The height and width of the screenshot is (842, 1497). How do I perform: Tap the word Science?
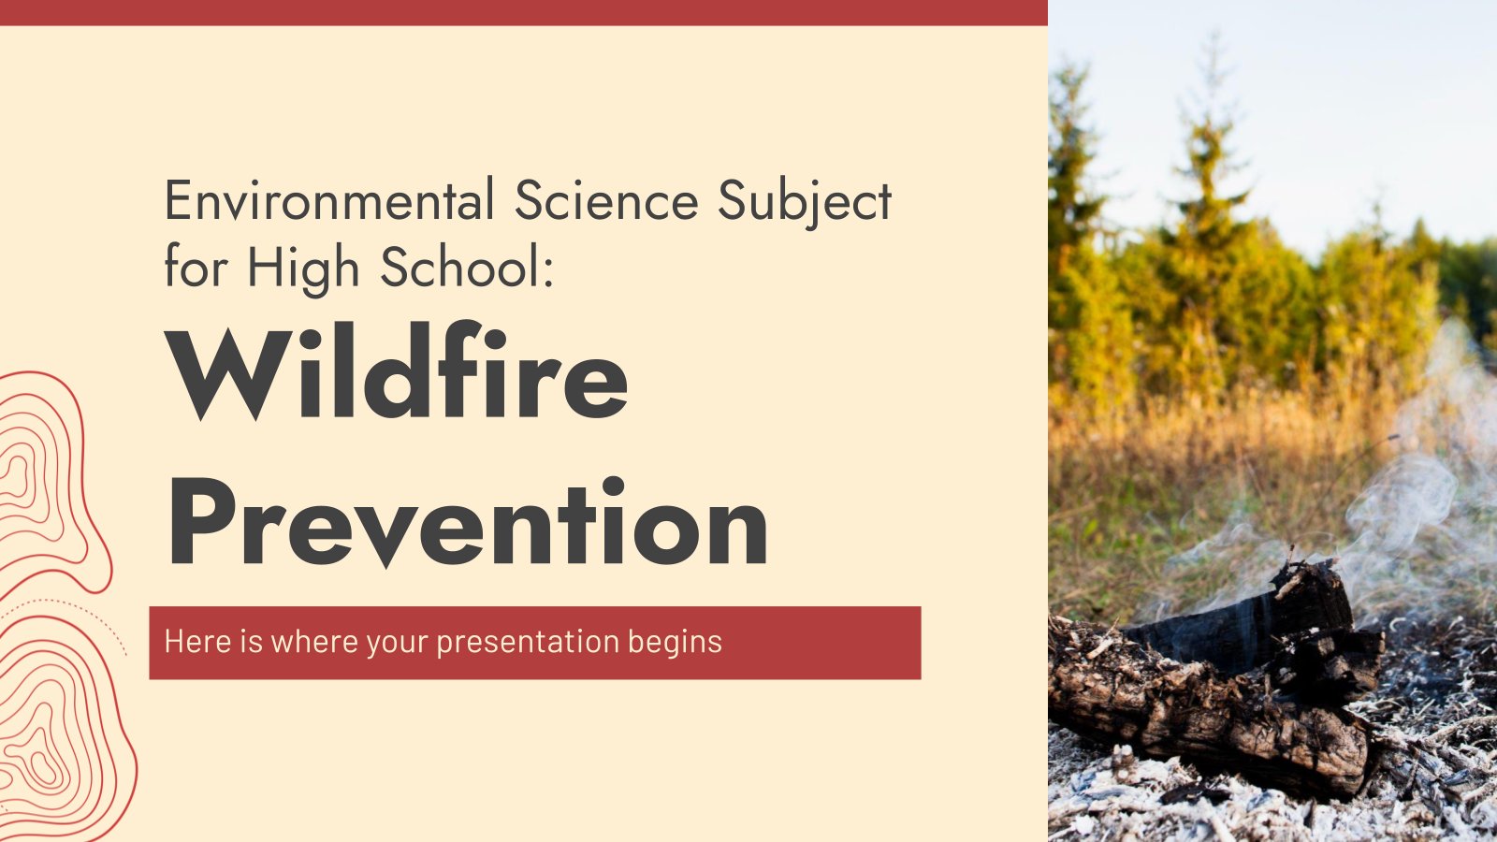coord(605,201)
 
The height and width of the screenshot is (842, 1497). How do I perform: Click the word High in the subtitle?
coord(303,269)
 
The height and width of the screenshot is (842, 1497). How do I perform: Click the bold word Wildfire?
coord(398,374)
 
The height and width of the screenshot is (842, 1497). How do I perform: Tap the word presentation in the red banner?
coord(527,643)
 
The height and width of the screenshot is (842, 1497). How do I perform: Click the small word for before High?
coord(196,269)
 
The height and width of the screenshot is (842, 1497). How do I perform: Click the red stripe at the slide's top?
coord(524,12)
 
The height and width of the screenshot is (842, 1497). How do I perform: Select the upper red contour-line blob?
coord(37,477)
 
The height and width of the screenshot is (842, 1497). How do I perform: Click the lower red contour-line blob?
coord(56,730)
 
